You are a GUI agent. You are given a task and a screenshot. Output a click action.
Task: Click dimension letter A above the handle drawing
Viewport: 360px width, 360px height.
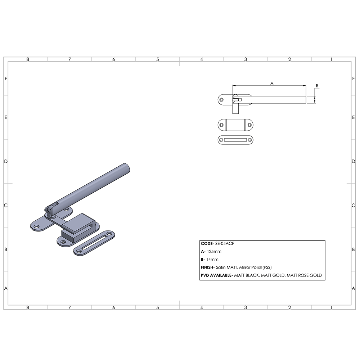coord(272,83)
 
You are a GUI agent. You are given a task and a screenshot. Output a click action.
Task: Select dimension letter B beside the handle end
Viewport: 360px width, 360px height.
coord(317,86)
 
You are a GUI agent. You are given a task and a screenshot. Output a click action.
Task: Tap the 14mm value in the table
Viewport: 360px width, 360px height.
coord(212,260)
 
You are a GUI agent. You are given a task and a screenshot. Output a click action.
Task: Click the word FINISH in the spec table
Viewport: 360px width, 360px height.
coord(207,267)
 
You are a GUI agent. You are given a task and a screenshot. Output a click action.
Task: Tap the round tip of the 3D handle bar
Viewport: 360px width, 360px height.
coord(126,167)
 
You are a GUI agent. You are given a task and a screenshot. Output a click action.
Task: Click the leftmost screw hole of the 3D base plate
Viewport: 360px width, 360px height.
coord(36,226)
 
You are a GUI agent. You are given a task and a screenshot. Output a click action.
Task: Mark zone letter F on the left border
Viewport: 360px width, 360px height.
coord(6,78)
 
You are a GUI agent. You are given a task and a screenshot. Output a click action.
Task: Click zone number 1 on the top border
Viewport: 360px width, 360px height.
coord(331,59)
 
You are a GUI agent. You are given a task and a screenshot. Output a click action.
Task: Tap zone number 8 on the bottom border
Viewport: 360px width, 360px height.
coord(28,307)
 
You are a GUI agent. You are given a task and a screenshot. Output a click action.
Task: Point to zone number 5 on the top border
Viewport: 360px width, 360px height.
coord(158,59)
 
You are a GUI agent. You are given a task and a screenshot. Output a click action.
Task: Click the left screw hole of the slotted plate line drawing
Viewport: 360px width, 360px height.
coord(221,140)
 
